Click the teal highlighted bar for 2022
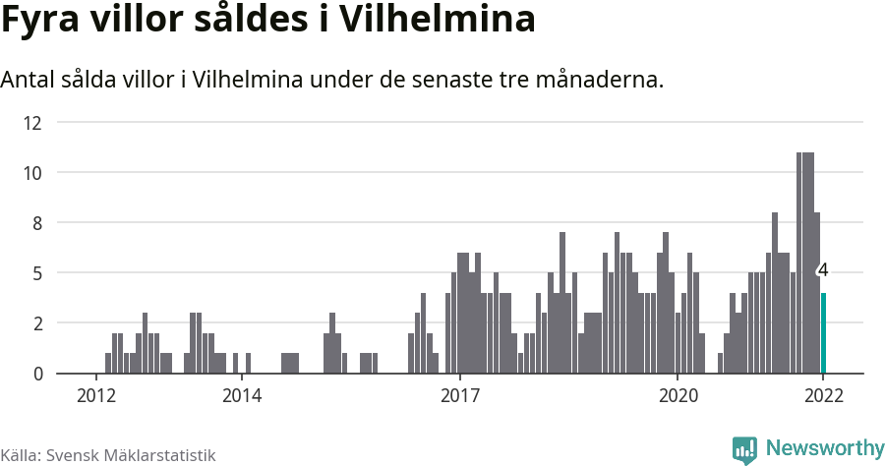[823, 333]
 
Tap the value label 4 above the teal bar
[823, 269]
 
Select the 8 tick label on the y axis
[36, 223]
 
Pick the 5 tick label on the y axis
[36, 273]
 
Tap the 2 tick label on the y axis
[36, 323]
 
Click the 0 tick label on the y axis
[36, 374]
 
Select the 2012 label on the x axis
[96, 396]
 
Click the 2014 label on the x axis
[242, 396]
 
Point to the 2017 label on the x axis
[459, 396]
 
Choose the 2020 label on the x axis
[678, 396]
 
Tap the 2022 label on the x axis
[823, 396]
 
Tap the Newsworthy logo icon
[744, 449]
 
